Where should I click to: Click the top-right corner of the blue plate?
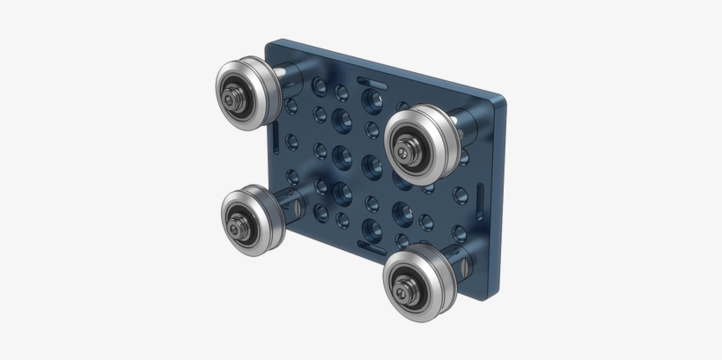[502, 95]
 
